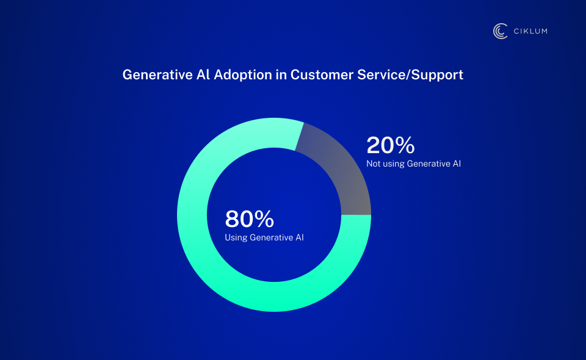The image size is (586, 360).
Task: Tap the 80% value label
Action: [x=249, y=219]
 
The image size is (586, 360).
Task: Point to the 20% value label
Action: [x=391, y=145]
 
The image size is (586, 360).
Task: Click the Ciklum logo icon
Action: [x=501, y=31]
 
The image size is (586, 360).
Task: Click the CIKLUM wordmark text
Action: [x=530, y=31]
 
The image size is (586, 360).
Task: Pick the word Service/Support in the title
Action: [x=416, y=74]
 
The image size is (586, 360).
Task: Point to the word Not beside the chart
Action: [x=373, y=164]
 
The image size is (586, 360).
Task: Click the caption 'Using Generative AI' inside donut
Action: [x=264, y=237]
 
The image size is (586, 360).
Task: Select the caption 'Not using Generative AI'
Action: [x=413, y=164]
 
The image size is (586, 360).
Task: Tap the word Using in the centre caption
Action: [x=236, y=237]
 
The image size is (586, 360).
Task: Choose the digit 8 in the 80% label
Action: [x=233, y=219]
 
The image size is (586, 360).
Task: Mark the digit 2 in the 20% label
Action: [x=374, y=145]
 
